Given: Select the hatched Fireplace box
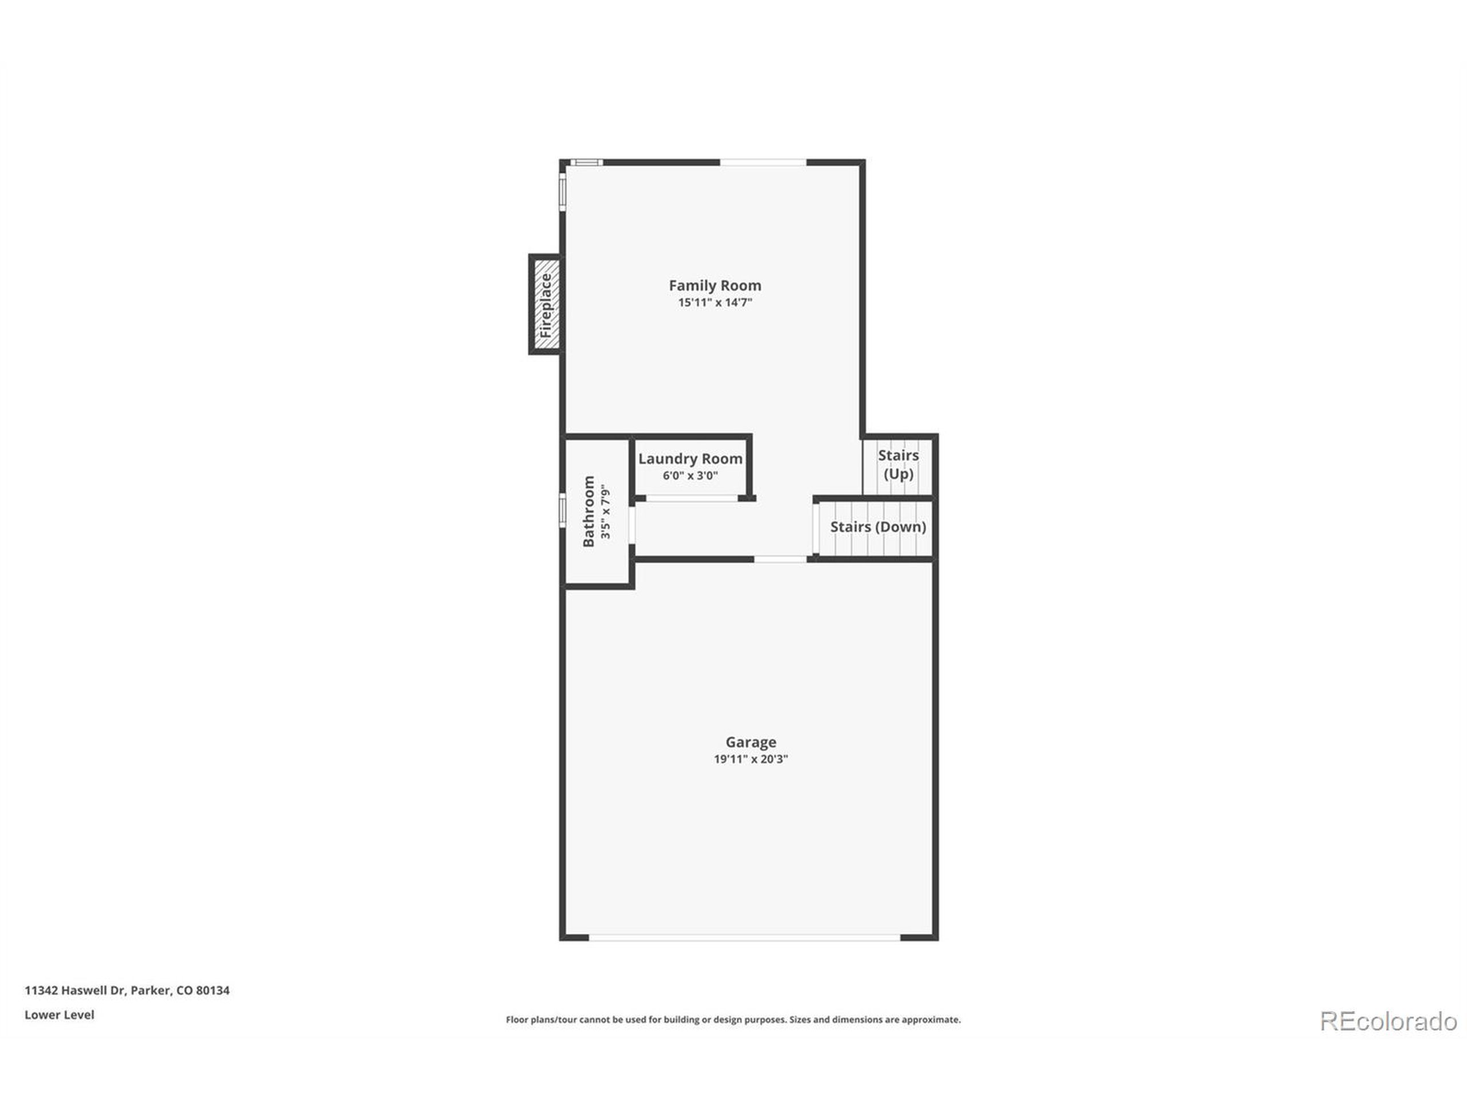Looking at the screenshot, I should point(546,305).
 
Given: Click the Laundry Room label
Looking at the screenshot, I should point(690,459).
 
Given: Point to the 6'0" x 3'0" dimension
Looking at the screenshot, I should point(690,476).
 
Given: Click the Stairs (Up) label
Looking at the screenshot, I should point(898,464).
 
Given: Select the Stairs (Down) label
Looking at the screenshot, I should point(877,527).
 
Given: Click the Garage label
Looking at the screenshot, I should point(750,742).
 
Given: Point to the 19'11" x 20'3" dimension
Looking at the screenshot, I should point(750,759).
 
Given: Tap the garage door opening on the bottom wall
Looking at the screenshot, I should point(744,937).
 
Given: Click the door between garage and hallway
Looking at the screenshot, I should point(780,560).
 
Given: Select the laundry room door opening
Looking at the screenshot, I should point(692,498).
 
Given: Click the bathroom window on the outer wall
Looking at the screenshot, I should point(562,512).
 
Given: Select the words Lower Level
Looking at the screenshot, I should point(60,1015).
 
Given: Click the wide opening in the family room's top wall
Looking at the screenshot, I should point(763,163).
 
